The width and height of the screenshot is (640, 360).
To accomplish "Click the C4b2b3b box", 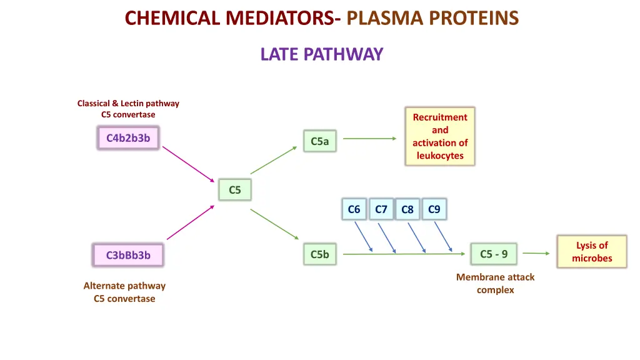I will (x=128, y=138).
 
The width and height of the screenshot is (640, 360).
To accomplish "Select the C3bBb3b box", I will (x=128, y=255).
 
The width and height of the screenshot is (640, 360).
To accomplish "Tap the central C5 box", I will (x=235, y=190).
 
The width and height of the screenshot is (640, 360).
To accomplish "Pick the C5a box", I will (x=319, y=141).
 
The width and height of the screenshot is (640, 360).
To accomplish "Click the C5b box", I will (x=319, y=254).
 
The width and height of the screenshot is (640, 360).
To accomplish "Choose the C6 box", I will (x=354, y=209).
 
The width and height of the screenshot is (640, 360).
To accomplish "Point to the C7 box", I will (x=381, y=209).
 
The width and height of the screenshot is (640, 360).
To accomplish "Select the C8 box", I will (x=407, y=210).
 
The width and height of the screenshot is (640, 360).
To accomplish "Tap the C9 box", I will (x=434, y=209).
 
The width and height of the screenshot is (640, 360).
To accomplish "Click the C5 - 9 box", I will (x=494, y=254).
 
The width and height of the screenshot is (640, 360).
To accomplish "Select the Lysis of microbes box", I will (x=592, y=252).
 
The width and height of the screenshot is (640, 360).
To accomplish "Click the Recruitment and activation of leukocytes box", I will (x=440, y=136).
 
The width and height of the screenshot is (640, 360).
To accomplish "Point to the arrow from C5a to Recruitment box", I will (x=369, y=139).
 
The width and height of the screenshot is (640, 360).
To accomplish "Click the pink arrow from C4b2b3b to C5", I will (x=188, y=162).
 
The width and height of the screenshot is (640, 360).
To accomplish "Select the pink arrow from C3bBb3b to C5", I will (x=190, y=222).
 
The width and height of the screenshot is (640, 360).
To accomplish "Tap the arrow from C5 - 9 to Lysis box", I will (x=536, y=253).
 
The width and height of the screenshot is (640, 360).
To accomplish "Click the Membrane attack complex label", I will (x=495, y=284).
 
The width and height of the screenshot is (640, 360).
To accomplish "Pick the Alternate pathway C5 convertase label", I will (x=124, y=292).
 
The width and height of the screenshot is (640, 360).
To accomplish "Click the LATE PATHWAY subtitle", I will (x=321, y=54).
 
